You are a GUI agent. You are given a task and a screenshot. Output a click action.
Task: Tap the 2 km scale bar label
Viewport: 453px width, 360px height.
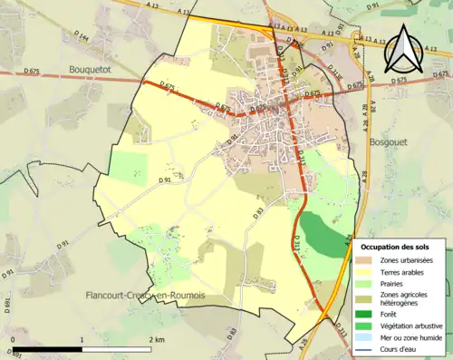159,339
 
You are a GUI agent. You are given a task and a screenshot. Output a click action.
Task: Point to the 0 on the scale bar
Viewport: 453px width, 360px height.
13,339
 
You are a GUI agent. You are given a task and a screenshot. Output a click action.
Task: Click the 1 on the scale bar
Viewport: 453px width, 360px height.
82,339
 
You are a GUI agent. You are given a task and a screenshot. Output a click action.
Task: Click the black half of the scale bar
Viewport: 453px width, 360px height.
47,349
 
